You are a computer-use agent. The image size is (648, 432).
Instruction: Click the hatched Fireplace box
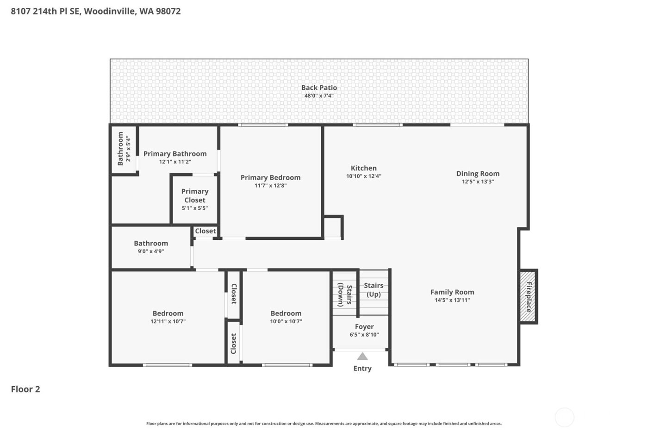pos(528,297)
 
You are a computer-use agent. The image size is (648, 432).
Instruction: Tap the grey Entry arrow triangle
pos(362,356)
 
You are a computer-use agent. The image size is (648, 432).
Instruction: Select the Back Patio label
pos(319,88)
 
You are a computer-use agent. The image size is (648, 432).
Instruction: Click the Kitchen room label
pos(364,168)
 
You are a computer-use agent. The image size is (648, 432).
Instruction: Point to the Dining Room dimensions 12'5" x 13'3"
pos(478,182)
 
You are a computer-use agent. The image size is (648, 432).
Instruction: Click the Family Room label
pos(452,292)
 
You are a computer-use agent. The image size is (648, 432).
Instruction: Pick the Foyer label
pos(364,326)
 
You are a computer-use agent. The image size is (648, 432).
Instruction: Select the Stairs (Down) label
pos(345,295)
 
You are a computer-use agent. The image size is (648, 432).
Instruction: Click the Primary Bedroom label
pos(270,177)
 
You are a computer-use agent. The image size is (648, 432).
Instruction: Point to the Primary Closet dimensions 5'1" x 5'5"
pos(195,208)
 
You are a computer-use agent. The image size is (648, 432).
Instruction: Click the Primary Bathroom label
pos(175,154)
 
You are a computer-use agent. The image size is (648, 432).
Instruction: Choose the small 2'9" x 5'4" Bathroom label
pos(120,149)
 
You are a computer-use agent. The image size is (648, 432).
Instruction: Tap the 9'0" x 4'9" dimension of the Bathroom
pos(151,251)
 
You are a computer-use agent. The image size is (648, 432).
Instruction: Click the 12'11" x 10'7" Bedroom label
pos(168,313)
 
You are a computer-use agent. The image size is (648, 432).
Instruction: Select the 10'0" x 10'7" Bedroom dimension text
pos(286,321)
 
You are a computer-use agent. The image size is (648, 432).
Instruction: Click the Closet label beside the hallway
pos(205,231)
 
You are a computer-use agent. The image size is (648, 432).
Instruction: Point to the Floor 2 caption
pos(25,389)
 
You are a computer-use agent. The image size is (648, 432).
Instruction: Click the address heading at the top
pos(96,11)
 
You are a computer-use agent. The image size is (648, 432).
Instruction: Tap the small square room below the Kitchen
pos(332,227)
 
